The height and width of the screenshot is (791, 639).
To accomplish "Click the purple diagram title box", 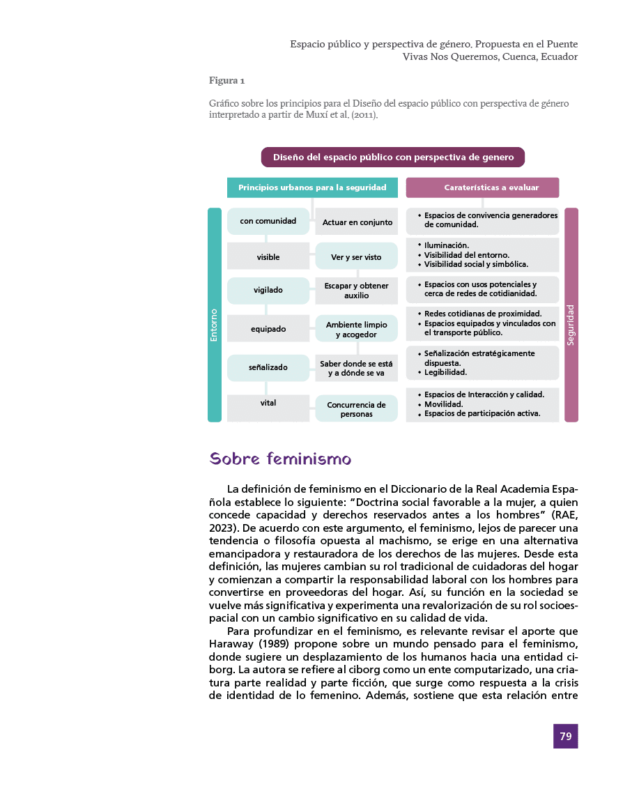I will (393, 157).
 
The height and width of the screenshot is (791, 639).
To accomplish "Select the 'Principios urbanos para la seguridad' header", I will (312, 187).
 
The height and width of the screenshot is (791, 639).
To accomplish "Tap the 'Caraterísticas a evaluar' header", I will (482, 187).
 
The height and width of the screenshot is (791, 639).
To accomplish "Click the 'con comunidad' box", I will (268, 221).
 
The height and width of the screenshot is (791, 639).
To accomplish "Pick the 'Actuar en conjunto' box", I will (357, 222).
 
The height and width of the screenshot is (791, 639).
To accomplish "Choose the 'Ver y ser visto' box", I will (356, 256).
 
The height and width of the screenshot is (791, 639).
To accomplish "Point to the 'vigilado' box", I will (268, 290).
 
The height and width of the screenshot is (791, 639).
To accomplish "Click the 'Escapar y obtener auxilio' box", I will (356, 291).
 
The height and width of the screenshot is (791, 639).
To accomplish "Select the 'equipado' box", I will (268, 328).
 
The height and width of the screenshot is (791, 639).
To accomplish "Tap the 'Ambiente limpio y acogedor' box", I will (356, 330).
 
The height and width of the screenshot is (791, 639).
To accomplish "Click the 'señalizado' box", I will (268, 367).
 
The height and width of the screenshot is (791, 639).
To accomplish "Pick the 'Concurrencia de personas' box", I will (356, 409).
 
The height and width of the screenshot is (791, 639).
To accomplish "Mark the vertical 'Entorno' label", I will (214, 325).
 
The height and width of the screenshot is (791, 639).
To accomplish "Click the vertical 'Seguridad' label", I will (571, 325).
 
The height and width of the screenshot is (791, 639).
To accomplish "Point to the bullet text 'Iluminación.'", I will (447, 245).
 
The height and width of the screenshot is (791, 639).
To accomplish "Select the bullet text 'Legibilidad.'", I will (445, 372).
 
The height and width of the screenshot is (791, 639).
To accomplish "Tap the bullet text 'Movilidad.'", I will (444, 404).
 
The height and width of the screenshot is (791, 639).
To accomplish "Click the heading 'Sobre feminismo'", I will (280, 459).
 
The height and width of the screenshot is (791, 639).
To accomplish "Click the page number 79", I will (565, 736).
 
